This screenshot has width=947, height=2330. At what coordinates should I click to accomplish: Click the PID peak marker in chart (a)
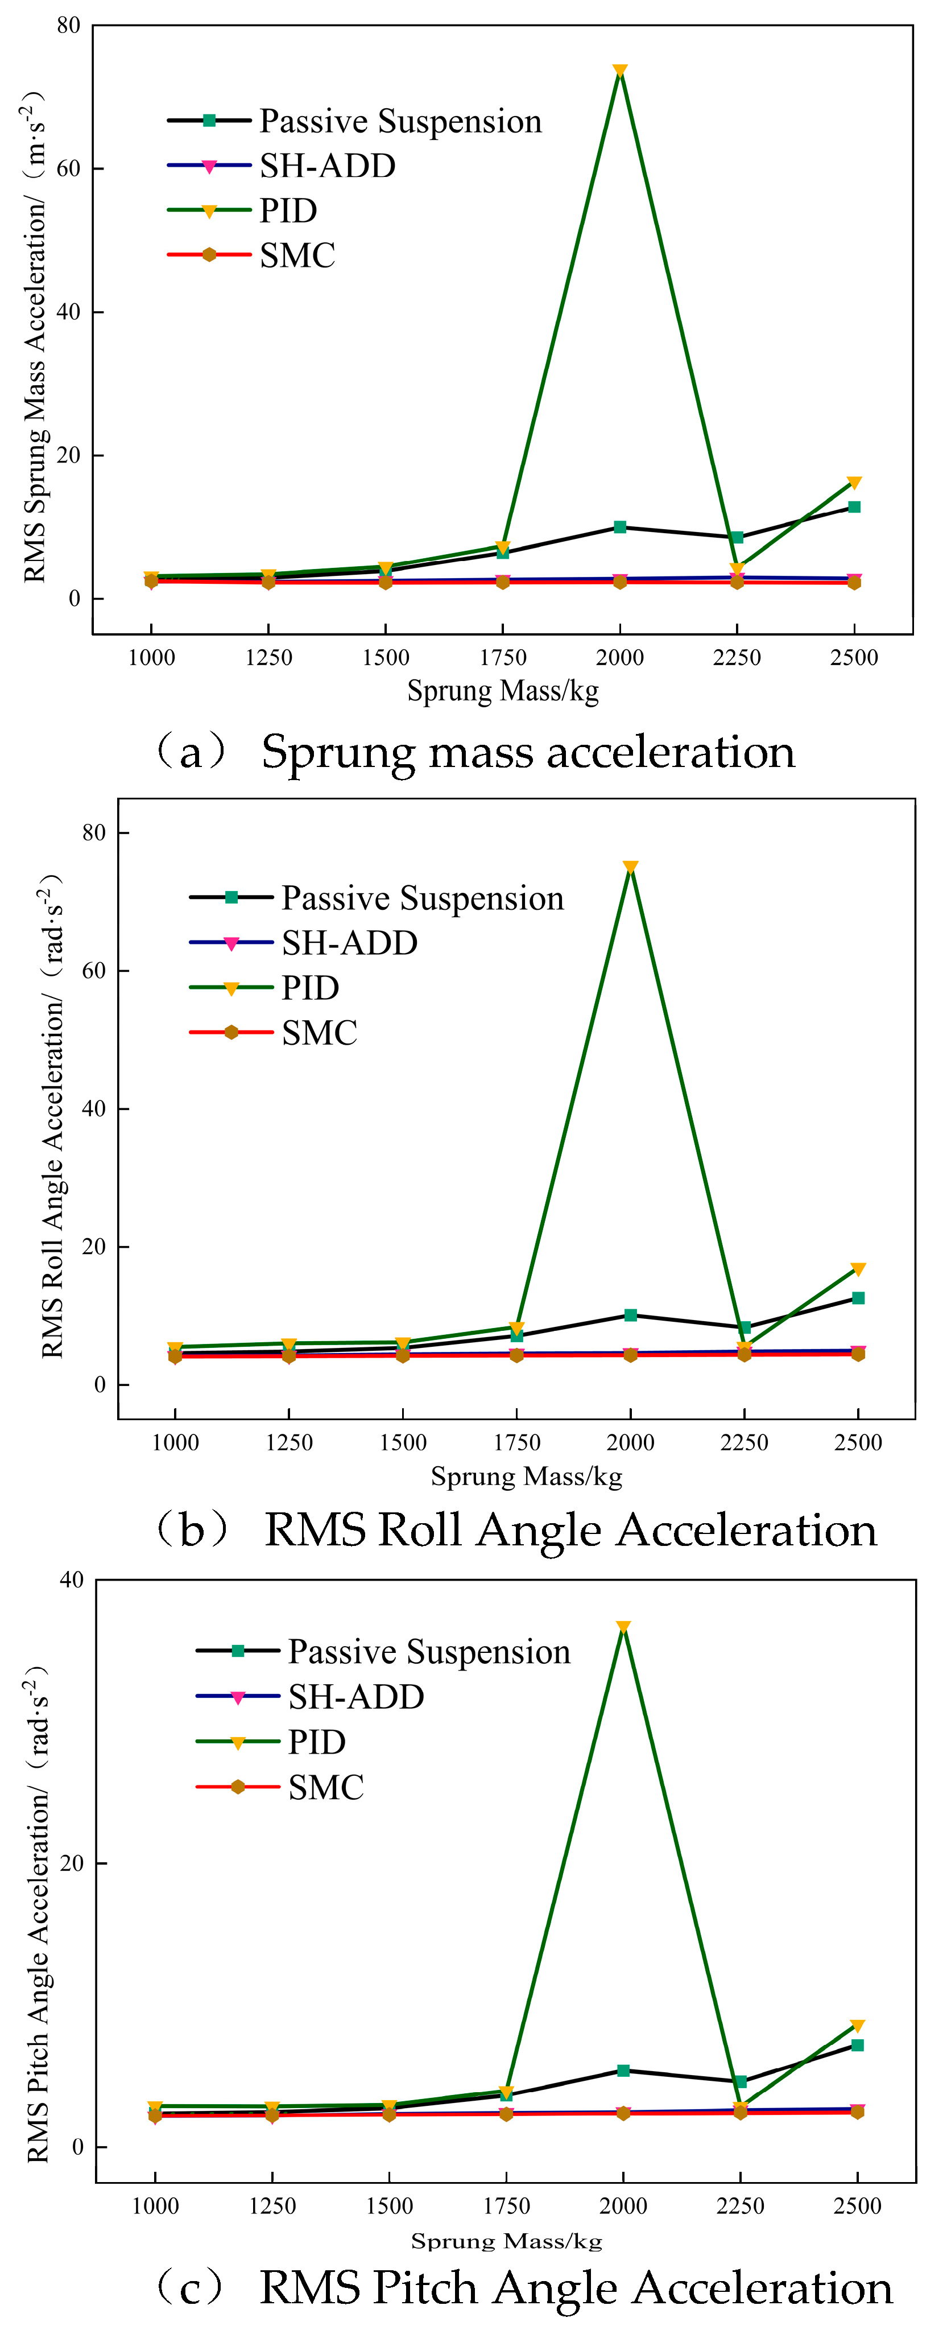point(619,72)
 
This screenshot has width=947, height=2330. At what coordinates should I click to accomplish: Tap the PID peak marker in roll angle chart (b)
point(630,867)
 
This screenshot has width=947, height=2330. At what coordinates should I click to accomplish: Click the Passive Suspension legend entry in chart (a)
point(354,121)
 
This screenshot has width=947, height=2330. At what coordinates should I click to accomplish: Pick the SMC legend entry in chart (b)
point(273,1032)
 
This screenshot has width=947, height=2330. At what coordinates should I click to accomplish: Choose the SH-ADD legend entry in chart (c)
point(309,1696)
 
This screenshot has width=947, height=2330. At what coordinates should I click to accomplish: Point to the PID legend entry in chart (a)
point(242,211)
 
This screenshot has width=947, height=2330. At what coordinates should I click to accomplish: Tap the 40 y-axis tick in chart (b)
point(93,1109)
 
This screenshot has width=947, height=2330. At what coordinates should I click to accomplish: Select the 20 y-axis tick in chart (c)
point(72,1863)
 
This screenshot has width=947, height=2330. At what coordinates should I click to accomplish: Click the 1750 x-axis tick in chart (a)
point(503,658)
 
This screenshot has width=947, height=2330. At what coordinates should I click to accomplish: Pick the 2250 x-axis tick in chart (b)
point(745,1443)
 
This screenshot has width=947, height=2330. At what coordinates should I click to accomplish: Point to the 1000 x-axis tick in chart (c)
point(156,2206)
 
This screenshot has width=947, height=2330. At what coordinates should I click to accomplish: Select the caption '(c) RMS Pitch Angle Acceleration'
point(522,2287)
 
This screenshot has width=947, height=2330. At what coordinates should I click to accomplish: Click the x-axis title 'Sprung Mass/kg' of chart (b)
point(527,1477)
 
